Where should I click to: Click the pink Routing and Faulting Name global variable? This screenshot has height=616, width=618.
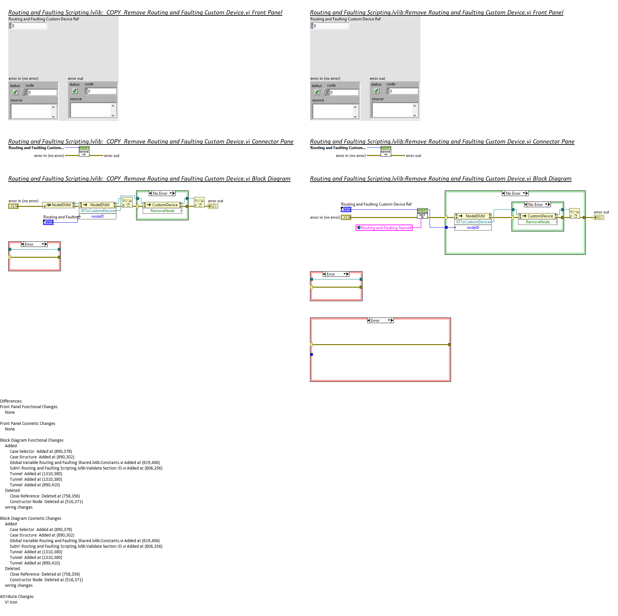384,228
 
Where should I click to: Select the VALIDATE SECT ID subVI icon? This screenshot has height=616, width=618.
422,213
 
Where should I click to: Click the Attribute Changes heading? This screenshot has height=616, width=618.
17,597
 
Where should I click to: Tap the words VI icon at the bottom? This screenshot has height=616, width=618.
11,602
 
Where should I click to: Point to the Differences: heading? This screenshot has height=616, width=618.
11,401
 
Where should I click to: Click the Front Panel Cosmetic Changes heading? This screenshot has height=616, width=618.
28,424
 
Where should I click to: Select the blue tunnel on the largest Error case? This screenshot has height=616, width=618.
312,355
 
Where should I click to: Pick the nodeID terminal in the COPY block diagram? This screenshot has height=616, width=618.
98,216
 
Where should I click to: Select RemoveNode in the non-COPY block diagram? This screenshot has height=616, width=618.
537,222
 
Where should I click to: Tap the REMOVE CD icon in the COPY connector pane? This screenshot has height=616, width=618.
84,151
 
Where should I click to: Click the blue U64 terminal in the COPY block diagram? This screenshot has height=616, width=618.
48,222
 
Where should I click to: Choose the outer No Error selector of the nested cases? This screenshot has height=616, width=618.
515,193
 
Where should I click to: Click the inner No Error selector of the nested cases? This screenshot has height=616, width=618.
537,205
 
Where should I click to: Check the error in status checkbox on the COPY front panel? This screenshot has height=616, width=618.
15,92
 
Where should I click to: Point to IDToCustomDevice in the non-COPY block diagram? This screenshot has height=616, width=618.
473,222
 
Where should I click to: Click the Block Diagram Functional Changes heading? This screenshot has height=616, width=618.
32,440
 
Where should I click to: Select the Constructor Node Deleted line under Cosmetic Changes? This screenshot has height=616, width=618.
46,580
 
